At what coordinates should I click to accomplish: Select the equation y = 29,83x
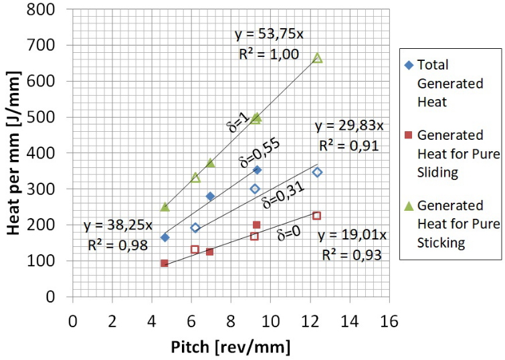coord(349,126)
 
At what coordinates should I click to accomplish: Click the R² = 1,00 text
coord(269,54)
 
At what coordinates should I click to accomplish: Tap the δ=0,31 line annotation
coord(282,193)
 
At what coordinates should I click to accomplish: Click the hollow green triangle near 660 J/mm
coord(318,58)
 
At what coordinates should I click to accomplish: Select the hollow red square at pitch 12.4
coord(317,215)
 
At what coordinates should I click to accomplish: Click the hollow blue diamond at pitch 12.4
coord(317,172)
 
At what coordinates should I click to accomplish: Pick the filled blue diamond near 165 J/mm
coord(165,238)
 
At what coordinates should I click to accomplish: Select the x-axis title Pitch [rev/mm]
coord(230,347)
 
